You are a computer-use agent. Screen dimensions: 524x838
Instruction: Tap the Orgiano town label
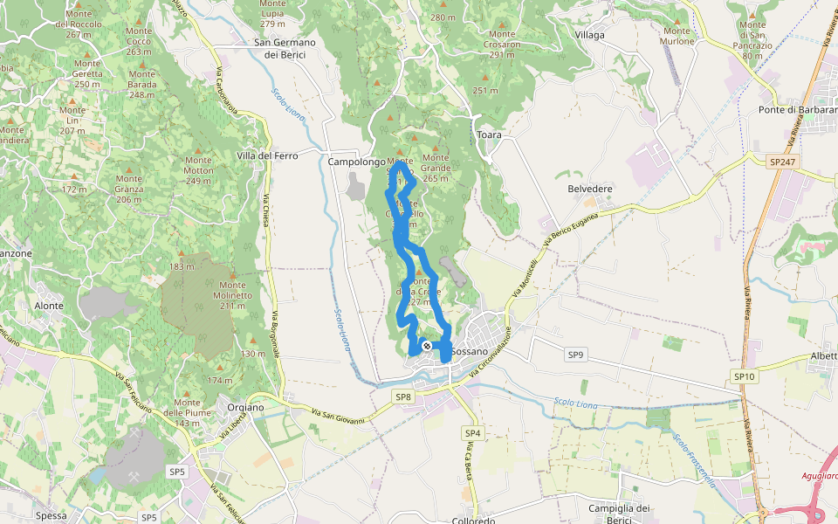click(244, 407)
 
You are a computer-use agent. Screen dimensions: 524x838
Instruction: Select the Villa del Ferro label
click(267, 155)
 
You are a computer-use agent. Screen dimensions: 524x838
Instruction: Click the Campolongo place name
click(355, 162)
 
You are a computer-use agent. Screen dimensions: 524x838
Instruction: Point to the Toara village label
click(489, 135)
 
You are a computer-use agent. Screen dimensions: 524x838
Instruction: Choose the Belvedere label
click(590, 189)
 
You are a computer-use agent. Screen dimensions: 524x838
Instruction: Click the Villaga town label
click(589, 35)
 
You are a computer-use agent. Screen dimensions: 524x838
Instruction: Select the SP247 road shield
click(783, 162)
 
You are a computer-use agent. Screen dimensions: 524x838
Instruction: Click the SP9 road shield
click(575, 355)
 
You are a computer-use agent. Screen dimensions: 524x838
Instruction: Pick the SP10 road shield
click(743, 376)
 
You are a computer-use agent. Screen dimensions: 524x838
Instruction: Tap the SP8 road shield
click(402, 397)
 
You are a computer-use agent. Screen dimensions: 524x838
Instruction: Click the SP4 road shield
click(472, 433)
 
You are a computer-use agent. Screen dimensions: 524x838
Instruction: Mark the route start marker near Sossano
click(426, 346)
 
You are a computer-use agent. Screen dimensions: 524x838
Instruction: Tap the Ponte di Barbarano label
click(797, 110)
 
